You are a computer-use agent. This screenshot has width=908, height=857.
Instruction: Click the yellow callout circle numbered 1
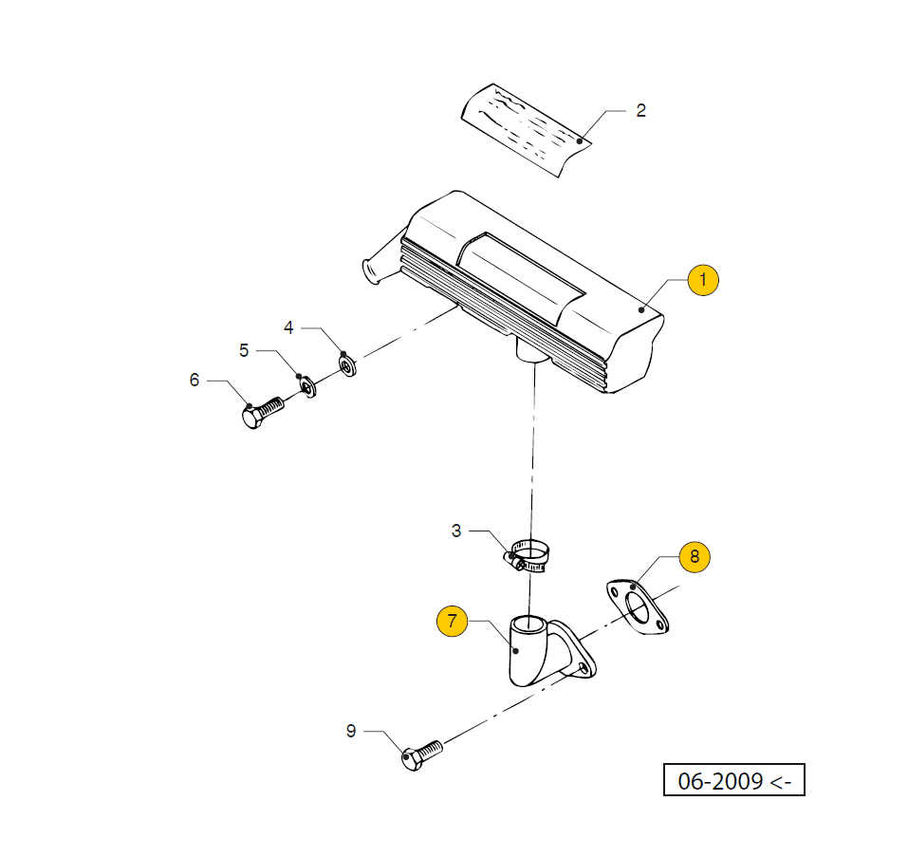point(703,280)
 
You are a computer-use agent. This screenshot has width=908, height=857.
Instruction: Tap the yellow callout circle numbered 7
point(452,623)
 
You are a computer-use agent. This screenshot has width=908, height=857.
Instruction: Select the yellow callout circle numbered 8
point(694,557)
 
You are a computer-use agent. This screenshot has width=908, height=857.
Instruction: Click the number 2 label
point(640,111)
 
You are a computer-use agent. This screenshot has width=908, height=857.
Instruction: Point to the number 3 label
point(456,531)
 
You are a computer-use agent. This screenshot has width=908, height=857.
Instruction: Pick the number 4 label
point(289,328)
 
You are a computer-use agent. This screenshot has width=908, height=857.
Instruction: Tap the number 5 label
point(244,351)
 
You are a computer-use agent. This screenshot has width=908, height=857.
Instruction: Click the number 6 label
point(195,381)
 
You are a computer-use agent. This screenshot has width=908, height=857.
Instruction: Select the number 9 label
point(350,731)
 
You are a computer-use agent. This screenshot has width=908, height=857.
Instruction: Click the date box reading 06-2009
point(733,781)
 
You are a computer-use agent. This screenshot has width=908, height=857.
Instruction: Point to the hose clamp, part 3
point(529,556)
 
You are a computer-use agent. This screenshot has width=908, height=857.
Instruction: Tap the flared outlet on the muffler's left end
point(373,269)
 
